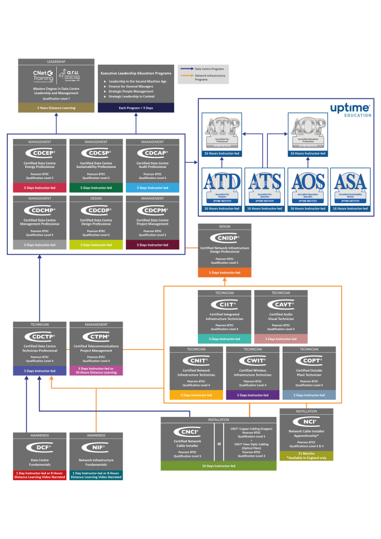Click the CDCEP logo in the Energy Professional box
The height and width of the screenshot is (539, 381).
point(40,153)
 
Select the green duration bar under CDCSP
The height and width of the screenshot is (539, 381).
point(96,187)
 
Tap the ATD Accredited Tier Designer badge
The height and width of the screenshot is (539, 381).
point(222,185)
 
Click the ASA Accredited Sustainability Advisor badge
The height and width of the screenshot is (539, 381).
point(351,185)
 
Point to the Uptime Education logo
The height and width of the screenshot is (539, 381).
point(350,109)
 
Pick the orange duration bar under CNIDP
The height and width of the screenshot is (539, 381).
point(224,273)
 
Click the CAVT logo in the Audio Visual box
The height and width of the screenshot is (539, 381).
point(280,304)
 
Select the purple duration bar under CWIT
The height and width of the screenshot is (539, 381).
point(253,395)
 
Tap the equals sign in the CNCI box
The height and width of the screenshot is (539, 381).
point(219,444)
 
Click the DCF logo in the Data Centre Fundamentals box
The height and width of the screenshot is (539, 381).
point(40,448)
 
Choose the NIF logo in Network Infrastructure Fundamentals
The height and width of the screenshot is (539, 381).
point(96,448)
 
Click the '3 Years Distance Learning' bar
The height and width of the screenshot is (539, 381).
point(56,108)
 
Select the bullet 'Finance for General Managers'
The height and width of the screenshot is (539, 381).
point(132,86)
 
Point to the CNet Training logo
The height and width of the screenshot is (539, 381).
point(43,76)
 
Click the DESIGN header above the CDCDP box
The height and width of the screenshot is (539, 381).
point(96,198)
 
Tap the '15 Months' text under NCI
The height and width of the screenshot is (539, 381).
point(306,453)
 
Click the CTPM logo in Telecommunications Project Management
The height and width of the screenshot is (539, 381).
point(96,336)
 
